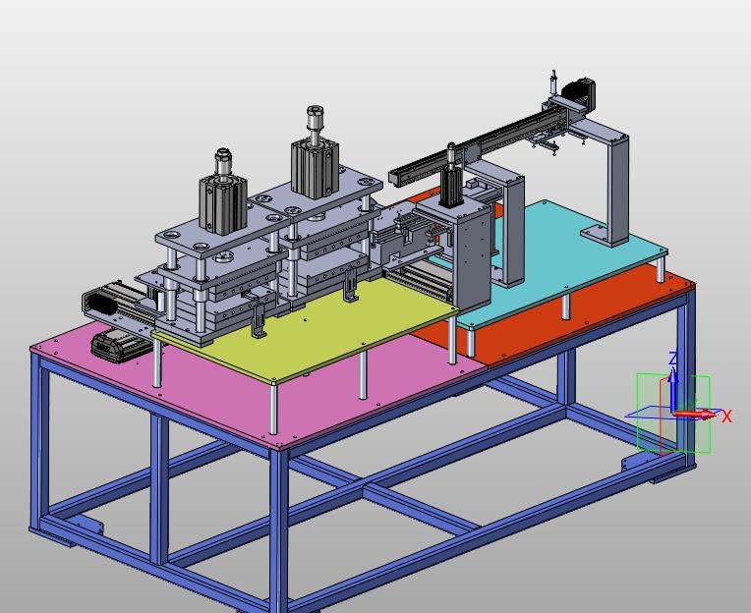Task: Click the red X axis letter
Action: click(x=726, y=417)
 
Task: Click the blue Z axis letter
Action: click(x=673, y=359)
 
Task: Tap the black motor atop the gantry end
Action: click(x=579, y=92)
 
